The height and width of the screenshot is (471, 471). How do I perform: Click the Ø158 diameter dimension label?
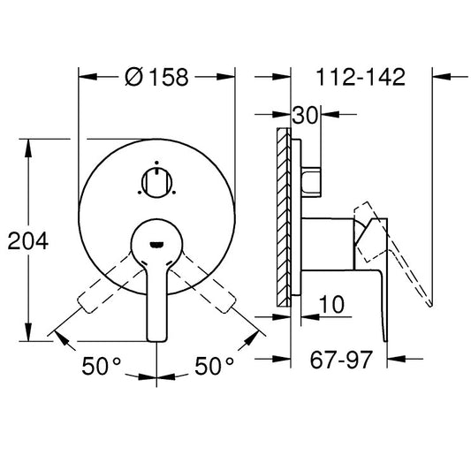pyautogui.click(x=156, y=77)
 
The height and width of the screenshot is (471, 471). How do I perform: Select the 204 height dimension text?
pyautogui.click(x=28, y=240)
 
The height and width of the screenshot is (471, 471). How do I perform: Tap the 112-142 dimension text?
pyautogui.click(x=361, y=77)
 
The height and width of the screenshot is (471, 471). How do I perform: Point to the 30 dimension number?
pyautogui.click(x=305, y=115)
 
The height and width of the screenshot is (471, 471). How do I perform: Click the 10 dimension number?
pyautogui.click(x=331, y=304)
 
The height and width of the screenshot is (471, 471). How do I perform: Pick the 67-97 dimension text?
pyautogui.click(x=341, y=360)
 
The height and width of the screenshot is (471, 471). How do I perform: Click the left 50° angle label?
pyautogui.click(x=101, y=365)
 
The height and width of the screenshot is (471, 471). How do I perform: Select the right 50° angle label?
pyautogui.click(x=214, y=365)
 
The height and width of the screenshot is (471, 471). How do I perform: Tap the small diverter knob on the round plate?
pyautogui.click(x=156, y=182)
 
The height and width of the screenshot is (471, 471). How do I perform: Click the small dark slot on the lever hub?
pyautogui.click(x=156, y=245)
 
